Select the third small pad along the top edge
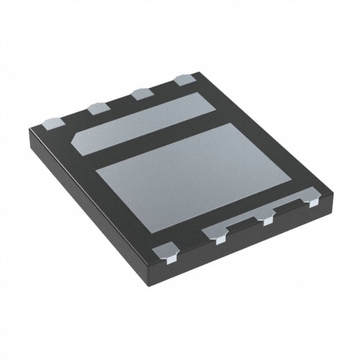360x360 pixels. tap(141, 94)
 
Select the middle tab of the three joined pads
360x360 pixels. tap(267, 218)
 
